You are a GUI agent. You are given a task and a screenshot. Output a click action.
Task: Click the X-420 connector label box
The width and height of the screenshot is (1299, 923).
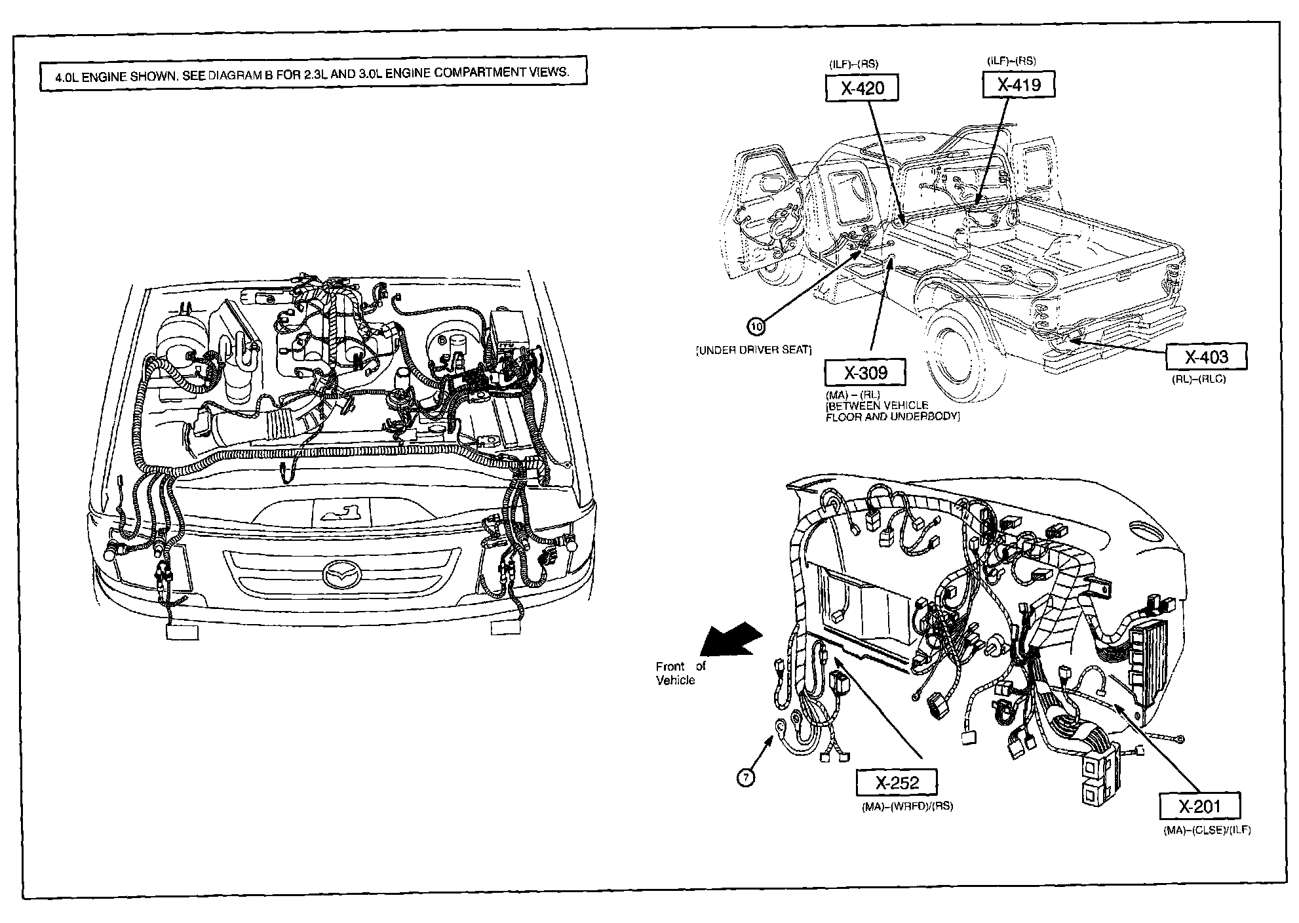coord(861,88)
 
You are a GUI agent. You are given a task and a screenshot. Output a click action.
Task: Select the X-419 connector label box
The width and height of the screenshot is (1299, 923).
coord(1018,85)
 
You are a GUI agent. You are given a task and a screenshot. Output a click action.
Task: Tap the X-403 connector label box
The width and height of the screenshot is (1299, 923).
coord(1206,357)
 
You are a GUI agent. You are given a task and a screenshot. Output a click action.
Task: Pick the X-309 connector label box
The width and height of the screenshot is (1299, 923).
coord(865,372)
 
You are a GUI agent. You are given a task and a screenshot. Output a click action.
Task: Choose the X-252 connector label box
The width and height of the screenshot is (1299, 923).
coord(897,782)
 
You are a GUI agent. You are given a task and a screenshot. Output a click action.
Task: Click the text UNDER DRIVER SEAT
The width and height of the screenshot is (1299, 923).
coord(754,350)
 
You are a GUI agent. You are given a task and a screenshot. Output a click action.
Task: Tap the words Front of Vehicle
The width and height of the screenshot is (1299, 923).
coord(679,673)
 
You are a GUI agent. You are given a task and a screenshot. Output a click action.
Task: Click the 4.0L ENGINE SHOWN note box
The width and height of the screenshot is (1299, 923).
coord(312,72)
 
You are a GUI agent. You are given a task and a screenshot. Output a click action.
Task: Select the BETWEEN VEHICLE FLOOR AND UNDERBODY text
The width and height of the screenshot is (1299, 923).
coord(892,410)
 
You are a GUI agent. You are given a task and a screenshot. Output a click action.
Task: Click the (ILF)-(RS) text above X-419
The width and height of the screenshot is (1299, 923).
coord(1011,60)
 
